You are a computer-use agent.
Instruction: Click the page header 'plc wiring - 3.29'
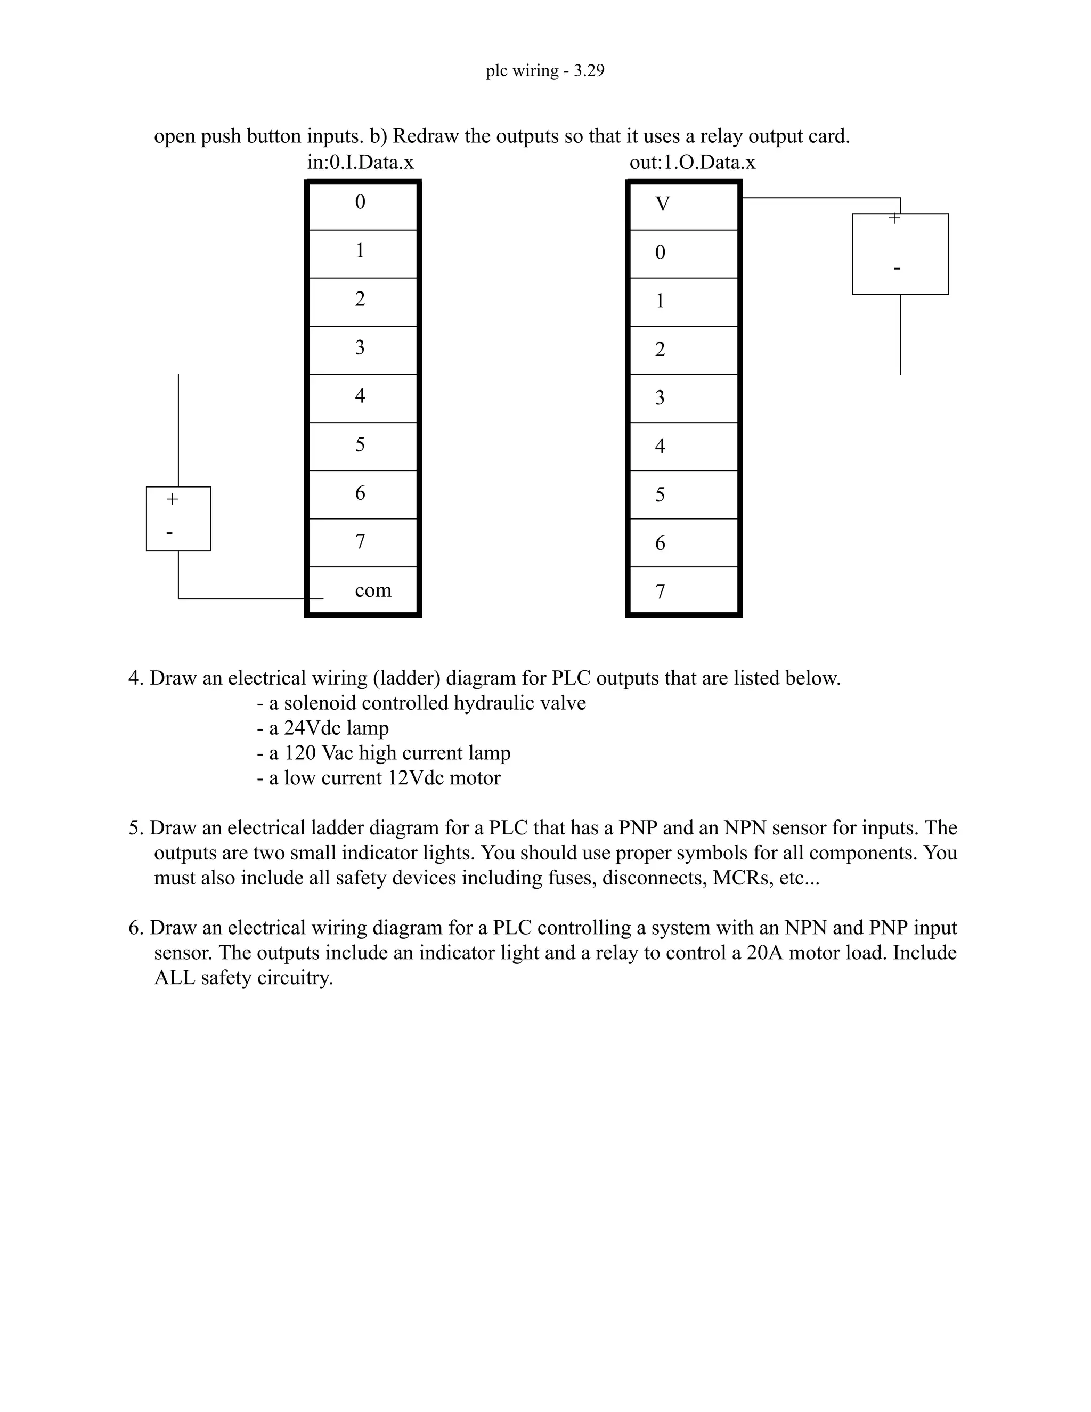545,70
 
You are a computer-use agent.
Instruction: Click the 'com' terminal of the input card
373,590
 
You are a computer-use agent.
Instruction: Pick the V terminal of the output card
663,204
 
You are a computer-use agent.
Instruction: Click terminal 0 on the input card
360,202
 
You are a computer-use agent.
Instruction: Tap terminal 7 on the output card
660,591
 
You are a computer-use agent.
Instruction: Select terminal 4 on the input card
360,396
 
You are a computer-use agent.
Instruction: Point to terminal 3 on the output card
660,397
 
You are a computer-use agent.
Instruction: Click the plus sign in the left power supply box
172,499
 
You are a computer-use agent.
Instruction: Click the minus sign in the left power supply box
169,533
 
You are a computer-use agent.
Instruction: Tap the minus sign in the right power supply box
897,267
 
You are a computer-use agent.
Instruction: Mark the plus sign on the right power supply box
894,218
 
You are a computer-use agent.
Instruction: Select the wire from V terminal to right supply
821,198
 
